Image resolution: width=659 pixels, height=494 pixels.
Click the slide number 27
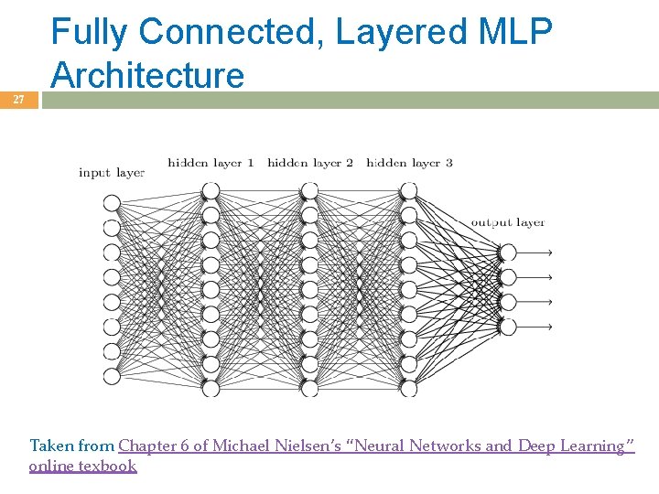click(18, 100)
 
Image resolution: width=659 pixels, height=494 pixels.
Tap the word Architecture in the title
click(148, 75)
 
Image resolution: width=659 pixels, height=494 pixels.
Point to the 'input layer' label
click(112, 172)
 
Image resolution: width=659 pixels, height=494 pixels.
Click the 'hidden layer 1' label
click(211, 163)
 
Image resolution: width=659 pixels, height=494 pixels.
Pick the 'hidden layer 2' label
click(310, 163)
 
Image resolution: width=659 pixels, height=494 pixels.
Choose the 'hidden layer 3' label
click(409, 163)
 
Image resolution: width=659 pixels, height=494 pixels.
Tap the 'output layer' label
click(508, 222)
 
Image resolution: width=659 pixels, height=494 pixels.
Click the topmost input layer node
click(112, 202)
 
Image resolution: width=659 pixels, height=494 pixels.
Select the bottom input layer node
click(112, 376)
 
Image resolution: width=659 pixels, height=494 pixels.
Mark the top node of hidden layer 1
click(211, 190)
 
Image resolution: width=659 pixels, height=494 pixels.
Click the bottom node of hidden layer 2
click(309, 388)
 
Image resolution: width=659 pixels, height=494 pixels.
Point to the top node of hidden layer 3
click(408, 190)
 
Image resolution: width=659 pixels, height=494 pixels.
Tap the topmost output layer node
click(508, 252)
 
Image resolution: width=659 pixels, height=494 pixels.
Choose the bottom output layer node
click(508, 327)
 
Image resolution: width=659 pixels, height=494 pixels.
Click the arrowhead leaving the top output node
click(548, 252)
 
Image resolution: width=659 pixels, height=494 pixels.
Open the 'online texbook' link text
click(82, 466)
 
